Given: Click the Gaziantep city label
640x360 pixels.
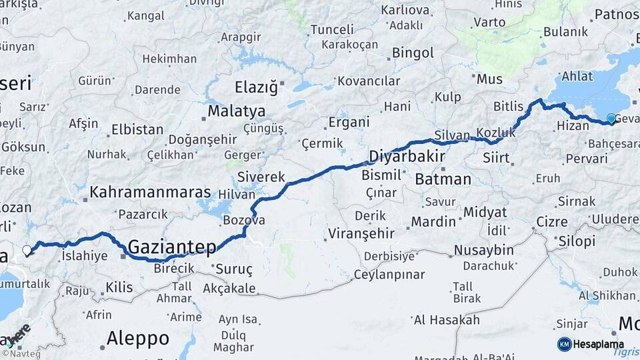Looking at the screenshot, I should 172,247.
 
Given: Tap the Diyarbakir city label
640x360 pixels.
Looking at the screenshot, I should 407,157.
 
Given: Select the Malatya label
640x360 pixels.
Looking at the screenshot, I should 236,111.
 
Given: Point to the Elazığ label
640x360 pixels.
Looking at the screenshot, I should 255,87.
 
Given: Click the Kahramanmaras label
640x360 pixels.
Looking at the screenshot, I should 150,193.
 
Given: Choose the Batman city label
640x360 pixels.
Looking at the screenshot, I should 443,179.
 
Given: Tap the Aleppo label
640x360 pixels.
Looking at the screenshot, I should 138,338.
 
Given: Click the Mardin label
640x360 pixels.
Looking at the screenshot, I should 433,222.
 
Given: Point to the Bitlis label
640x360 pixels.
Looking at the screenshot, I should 509,107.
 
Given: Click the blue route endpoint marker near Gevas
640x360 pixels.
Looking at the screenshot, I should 611,119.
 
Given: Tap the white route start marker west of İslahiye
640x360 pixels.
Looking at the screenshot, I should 27,251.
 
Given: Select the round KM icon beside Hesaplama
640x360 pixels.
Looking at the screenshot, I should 564,344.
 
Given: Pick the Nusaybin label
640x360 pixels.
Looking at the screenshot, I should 483,250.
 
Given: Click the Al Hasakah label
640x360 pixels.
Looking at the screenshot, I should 446,320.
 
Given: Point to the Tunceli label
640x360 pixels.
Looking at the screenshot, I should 332,30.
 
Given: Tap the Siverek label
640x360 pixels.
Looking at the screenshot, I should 261,177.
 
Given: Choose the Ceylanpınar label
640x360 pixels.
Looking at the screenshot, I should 389,275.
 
